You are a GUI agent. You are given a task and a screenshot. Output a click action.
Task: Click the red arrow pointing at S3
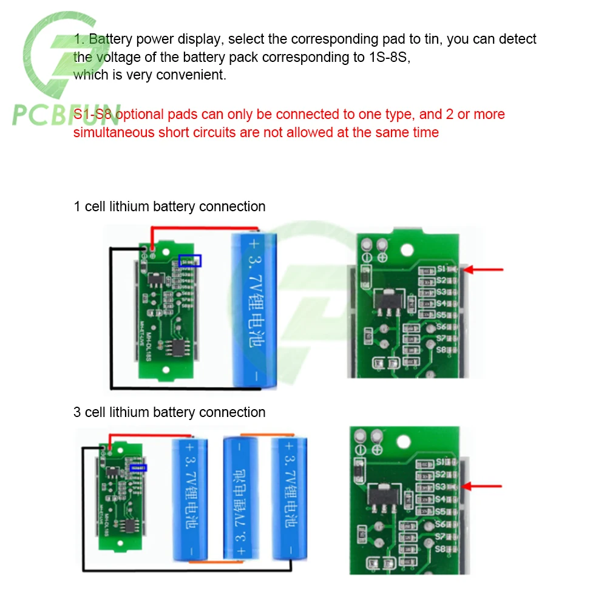tap(483, 486)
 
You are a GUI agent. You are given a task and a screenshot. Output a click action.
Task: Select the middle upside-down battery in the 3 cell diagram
tap(240, 497)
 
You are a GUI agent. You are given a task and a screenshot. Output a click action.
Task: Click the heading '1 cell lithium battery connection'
tap(169, 206)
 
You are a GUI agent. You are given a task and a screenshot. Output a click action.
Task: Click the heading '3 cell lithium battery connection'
tap(169, 412)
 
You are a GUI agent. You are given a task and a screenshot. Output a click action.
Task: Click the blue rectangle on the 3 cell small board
tap(138, 467)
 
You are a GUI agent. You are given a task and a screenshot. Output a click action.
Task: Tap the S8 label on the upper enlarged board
tap(441, 350)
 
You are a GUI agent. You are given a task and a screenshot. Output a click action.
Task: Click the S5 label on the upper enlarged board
tap(441, 315)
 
